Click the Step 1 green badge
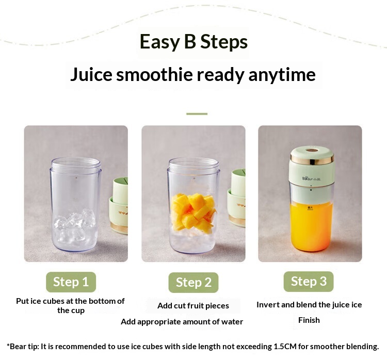pyautogui.click(x=71, y=282)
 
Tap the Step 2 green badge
pyautogui.click(x=193, y=283)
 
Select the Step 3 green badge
pyautogui.click(x=309, y=281)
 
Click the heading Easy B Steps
pyautogui.click(x=193, y=42)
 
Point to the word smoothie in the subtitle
pyautogui.click(x=154, y=74)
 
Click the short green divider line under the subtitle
pyautogui.click(x=197, y=114)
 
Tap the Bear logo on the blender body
pyautogui.click(x=311, y=178)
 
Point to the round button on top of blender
pyautogui.click(x=312, y=150)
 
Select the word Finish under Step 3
pyautogui.click(x=309, y=320)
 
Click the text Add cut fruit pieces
pyautogui.click(x=193, y=306)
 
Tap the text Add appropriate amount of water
pyautogui.click(x=182, y=322)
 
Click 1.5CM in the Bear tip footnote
pyautogui.click(x=285, y=347)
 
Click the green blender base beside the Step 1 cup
pyautogui.click(x=119, y=206)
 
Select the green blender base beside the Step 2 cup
pyautogui.click(x=237, y=198)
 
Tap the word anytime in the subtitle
pyautogui.click(x=282, y=75)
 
